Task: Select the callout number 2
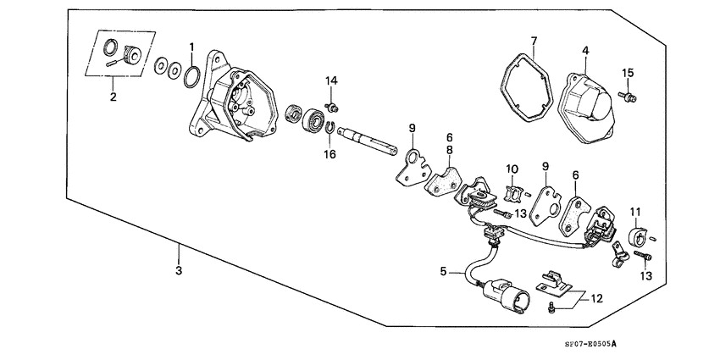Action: click(112, 97)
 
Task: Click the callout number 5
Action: click(442, 272)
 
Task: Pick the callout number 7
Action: click(534, 42)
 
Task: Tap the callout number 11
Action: click(636, 210)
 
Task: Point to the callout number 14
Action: click(332, 80)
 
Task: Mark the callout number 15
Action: click(628, 71)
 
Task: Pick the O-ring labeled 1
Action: click(192, 75)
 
